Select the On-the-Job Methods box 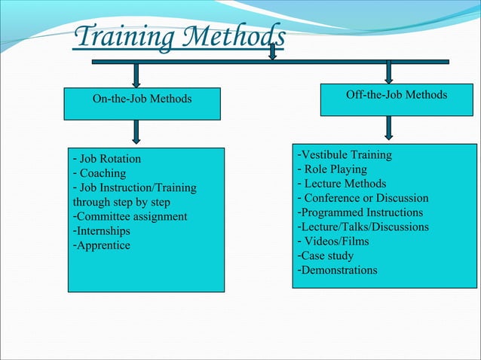click(142, 100)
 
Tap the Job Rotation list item click(106, 159)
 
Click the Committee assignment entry click(130, 217)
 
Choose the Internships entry click(101, 231)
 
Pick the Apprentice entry click(101, 246)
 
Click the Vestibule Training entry click(345, 155)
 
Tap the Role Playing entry click(332, 169)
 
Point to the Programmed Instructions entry click(362, 212)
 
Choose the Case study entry click(326, 256)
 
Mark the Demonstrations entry click(338, 270)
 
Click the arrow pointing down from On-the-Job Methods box click(136, 132)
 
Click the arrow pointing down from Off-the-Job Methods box click(388, 127)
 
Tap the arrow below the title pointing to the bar click(273, 50)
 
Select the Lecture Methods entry click(342, 184)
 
